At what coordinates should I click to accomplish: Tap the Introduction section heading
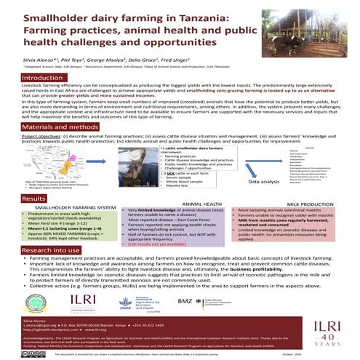42,78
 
